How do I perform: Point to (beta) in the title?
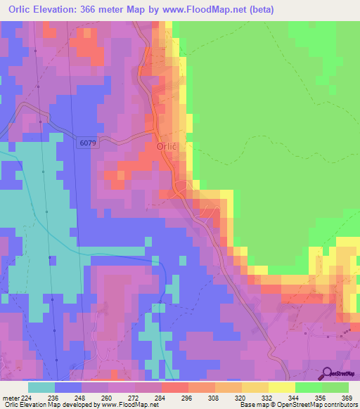(x=259, y=10)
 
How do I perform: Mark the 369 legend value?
(x=347, y=398)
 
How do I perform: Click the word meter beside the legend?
(x=11, y=398)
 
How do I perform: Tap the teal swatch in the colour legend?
(x=41, y=387)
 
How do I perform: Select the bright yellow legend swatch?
(x=282, y=387)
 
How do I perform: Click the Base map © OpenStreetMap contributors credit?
(x=298, y=405)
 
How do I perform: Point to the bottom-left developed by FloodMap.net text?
(x=79, y=405)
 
